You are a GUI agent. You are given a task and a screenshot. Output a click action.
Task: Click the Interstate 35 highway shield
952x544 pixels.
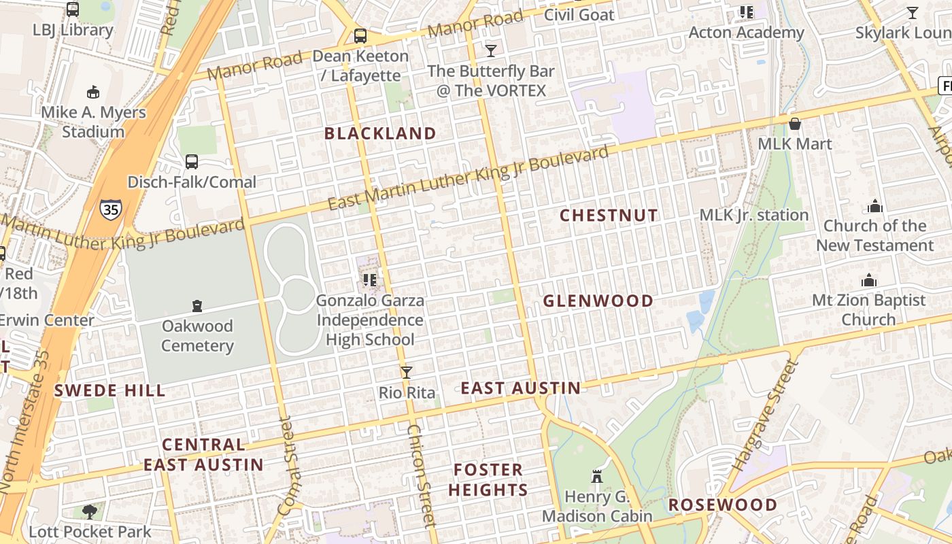pyautogui.click(x=111, y=209)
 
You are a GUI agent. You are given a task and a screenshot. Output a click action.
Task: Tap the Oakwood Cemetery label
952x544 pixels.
pyautogui.click(x=197, y=336)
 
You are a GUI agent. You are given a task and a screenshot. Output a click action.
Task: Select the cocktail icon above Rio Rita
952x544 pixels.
pyautogui.click(x=407, y=372)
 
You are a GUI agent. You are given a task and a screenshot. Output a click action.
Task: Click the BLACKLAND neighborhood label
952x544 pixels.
pyautogui.click(x=380, y=133)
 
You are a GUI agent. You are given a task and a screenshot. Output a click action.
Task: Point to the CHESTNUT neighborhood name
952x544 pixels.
pyautogui.click(x=609, y=216)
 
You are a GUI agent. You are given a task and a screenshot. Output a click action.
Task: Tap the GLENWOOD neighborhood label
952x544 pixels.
pyautogui.click(x=598, y=301)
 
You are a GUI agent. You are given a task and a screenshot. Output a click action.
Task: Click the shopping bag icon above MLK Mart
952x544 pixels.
pyautogui.click(x=794, y=124)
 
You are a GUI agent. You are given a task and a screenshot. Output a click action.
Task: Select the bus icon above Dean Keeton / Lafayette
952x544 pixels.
pyautogui.click(x=360, y=36)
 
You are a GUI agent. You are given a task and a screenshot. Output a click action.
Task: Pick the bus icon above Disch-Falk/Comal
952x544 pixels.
pyautogui.click(x=192, y=162)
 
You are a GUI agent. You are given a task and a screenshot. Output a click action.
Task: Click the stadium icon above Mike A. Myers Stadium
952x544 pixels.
pyautogui.click(x=94, y=92)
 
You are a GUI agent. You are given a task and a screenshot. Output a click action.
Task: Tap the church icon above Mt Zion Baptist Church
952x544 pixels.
pyautogui.click(x=868, y=280)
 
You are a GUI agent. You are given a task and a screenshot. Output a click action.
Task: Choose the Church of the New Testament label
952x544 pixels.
pyautogui.click(x=874, y=235)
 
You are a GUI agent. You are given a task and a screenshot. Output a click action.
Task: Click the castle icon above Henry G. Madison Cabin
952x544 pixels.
pyautogui.click(x=597, y=477)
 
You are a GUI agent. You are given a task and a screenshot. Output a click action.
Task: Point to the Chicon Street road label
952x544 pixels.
pyautogui.click(x=420, y=475)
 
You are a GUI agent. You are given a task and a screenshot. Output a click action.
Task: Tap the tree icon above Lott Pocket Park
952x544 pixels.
pyautogui.click(x=89, y=511)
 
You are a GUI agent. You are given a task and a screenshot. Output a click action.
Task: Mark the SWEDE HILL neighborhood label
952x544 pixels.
pyautogui.click(x=109, y=390)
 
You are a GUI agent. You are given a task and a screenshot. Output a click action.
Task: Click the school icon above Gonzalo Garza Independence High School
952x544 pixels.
pyautogui.click(x=370, y=279)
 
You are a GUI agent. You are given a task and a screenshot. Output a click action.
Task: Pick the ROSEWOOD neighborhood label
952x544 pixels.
pyautogui.click(x=722, y=505)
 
